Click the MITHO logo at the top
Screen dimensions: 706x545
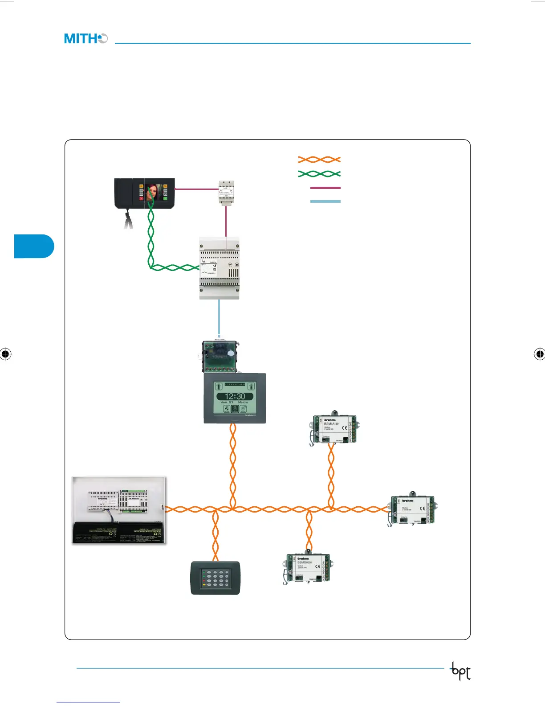86,39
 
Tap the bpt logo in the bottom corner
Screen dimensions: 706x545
461,671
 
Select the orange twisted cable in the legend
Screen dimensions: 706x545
319,160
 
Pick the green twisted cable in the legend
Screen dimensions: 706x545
319,173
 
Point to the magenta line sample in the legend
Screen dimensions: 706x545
325,188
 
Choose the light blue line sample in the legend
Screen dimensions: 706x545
325,201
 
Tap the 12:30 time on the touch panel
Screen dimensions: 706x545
235,396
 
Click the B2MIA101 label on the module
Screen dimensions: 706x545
332,424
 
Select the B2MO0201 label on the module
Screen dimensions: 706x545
305,563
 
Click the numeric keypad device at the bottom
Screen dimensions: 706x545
216,578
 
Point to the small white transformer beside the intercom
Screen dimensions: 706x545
226,192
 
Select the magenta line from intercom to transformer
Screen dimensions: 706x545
196,189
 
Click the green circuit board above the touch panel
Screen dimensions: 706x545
220,357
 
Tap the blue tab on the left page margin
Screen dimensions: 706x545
34,246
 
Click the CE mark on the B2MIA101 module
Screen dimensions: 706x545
344,428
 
